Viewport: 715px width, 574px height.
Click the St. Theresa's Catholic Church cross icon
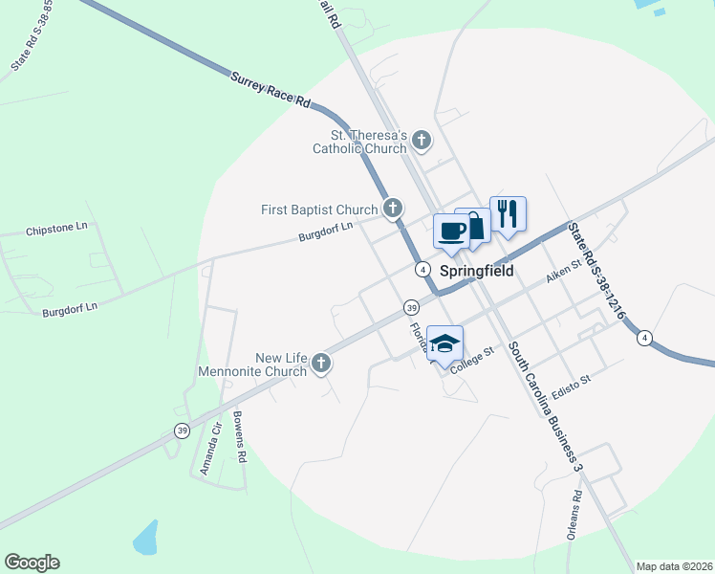coord(422,142)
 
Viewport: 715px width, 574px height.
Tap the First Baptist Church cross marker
coord(392,208)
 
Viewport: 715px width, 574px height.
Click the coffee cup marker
coord(451,231)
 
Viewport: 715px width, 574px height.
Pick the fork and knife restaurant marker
coord(508,213)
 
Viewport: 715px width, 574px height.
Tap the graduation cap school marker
coord(444,342)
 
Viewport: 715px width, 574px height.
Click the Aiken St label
coord(563,275)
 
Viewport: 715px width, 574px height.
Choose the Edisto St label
coord(572,380)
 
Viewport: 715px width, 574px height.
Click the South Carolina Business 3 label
coord(544,406)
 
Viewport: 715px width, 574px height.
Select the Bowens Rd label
coord(240,439)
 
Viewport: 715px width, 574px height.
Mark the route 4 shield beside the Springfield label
coord(422,270)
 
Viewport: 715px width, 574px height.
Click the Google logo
coord(32,563)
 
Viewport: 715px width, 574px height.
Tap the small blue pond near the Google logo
coord(145,538)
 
